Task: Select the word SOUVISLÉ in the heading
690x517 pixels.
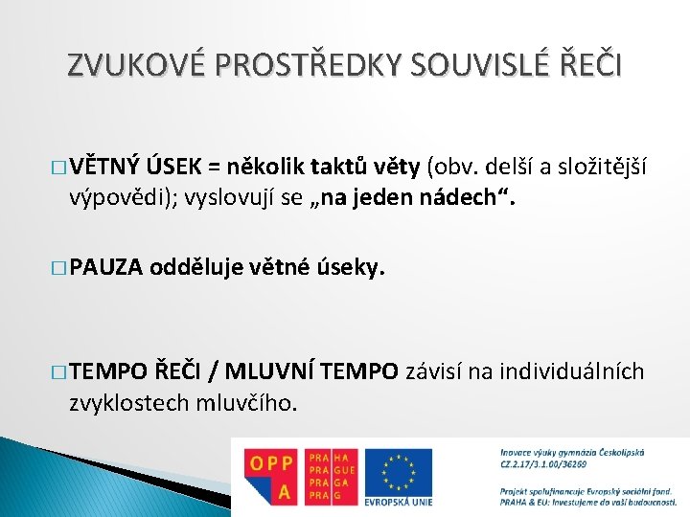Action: point(463,66)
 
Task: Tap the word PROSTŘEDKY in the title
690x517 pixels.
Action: point(288,66)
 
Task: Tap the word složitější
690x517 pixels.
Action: point(599,169)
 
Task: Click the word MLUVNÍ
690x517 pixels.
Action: point(269,371)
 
